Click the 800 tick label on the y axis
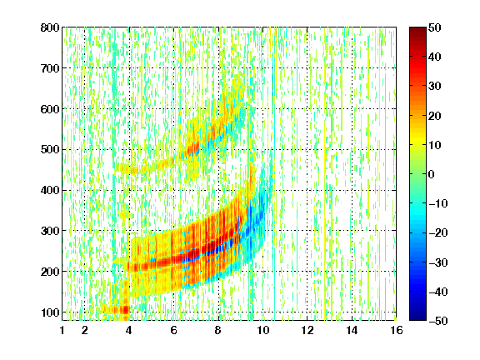50,27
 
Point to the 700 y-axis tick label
50,68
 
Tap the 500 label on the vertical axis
50,150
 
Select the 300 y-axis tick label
50,231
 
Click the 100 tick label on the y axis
50,312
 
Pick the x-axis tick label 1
62,330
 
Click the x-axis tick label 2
85,330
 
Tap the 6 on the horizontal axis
174,330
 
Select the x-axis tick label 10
263,330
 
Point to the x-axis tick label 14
352,330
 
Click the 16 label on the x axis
397,330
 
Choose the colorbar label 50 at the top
434,27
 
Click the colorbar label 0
432,174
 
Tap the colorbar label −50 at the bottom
438,321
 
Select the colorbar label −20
438,232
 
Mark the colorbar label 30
434,87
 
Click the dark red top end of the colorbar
417,29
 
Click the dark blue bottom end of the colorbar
417,318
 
